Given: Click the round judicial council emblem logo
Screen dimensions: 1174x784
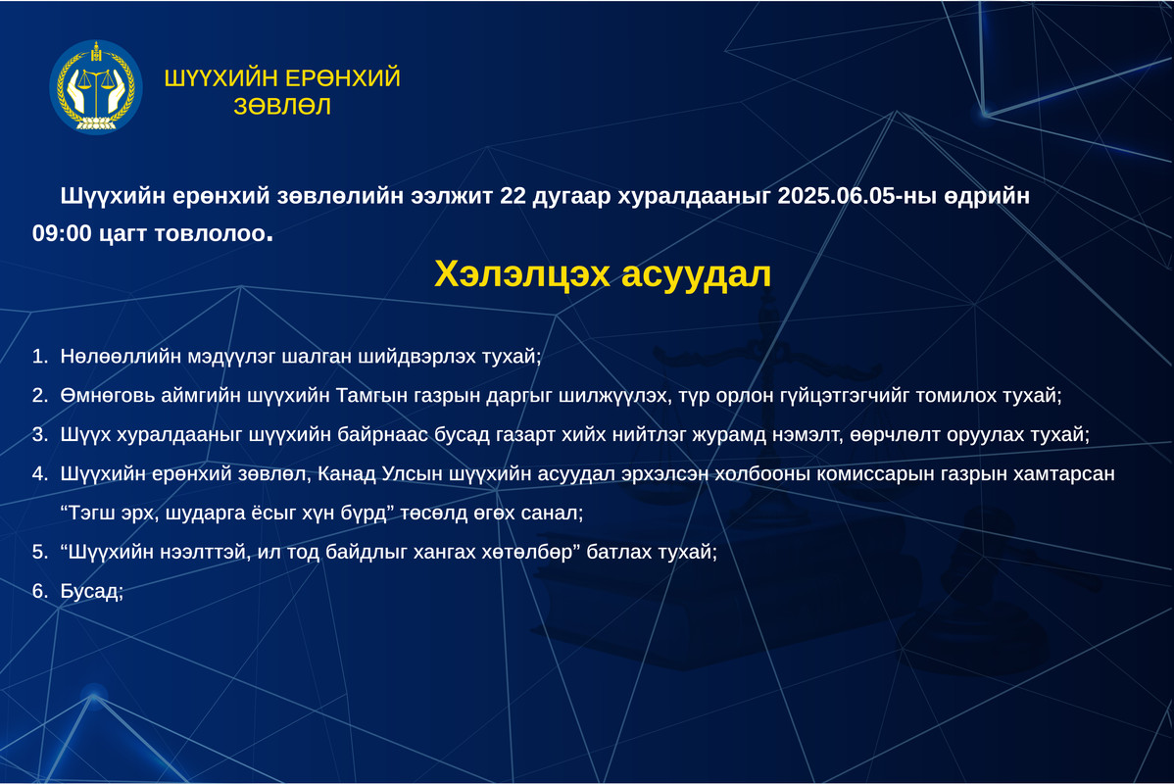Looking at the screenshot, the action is [x=96, y=87].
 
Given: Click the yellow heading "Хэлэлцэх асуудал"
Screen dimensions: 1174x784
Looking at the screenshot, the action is [x=603, y=274].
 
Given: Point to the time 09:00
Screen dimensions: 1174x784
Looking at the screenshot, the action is [x=62, y=233].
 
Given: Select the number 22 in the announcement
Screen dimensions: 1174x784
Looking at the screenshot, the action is [x=513, y=195].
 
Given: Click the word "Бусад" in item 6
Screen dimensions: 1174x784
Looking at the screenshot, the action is [x=90, y=592].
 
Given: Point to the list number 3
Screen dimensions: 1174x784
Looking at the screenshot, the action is [x=39, y=435].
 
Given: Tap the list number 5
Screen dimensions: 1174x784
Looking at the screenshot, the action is [x=39, y=553].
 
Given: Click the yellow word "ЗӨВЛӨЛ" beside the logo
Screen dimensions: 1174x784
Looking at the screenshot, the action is [x=282, y=107].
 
